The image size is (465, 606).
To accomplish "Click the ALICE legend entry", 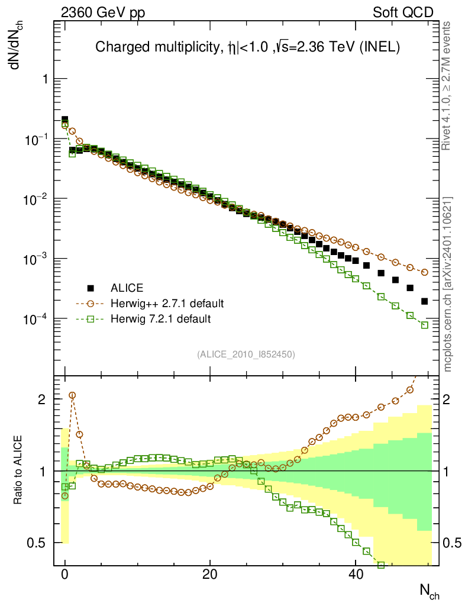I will pos(127,288).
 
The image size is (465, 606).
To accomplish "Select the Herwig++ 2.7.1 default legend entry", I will pos(167,304).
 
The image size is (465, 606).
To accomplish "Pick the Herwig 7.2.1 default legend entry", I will pos(160,319).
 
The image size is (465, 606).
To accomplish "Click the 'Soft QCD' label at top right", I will pos(403,13).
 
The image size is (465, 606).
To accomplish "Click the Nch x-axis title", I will pos(430,589).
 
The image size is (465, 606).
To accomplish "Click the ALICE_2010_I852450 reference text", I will pos(246,354).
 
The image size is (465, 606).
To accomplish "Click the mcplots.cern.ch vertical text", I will pos(447,284).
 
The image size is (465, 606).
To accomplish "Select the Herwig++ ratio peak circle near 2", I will pos(72,395).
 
